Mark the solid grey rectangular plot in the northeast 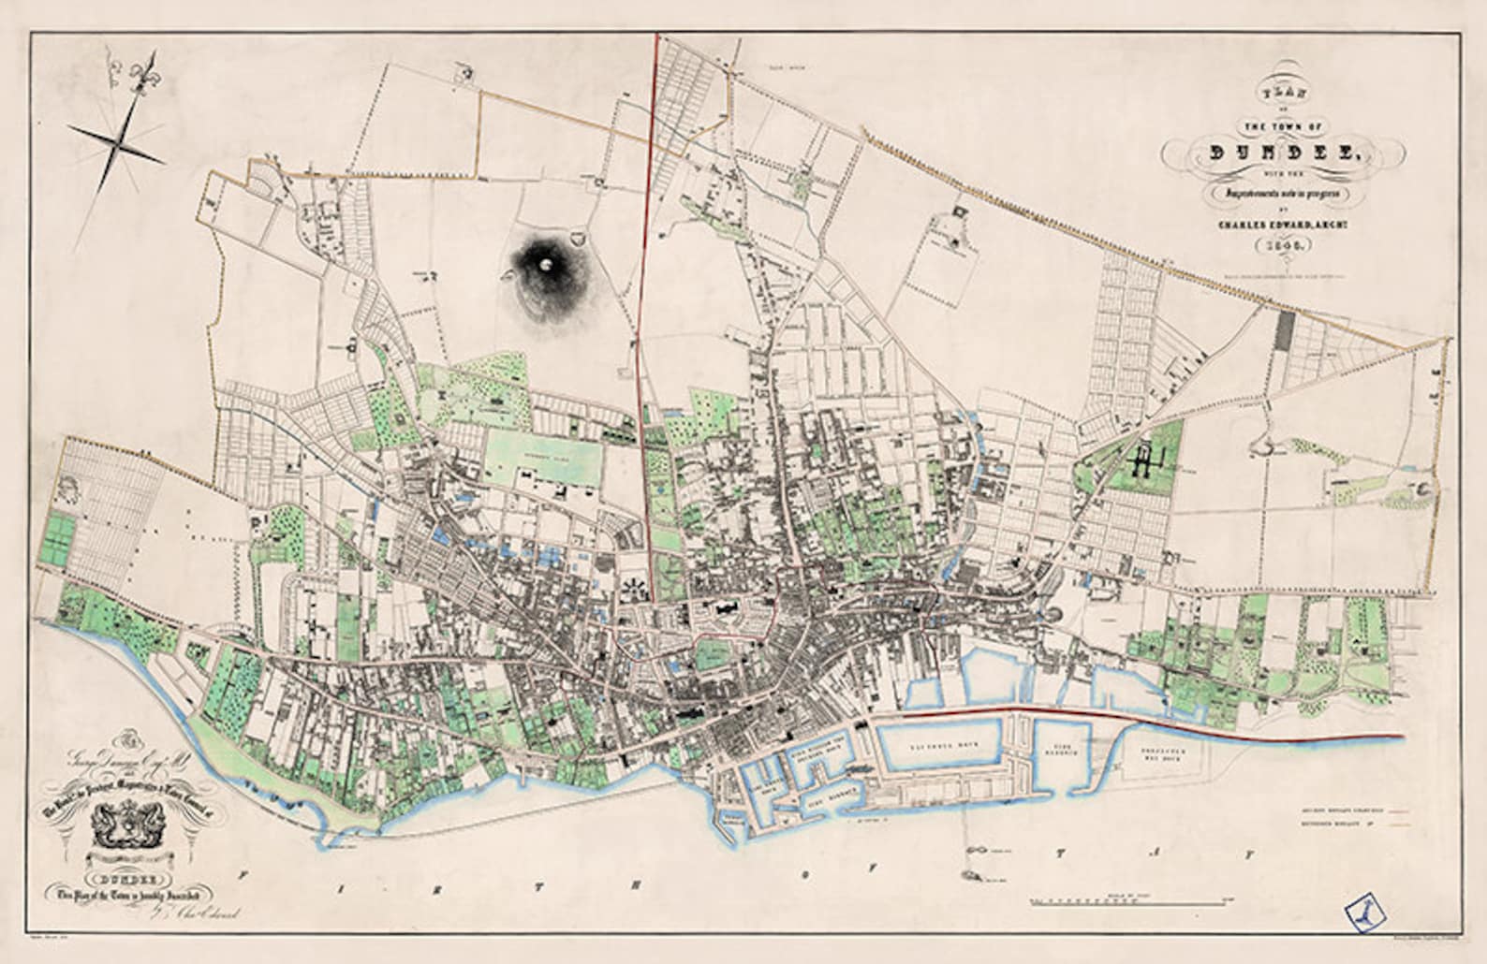[1285, 330]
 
